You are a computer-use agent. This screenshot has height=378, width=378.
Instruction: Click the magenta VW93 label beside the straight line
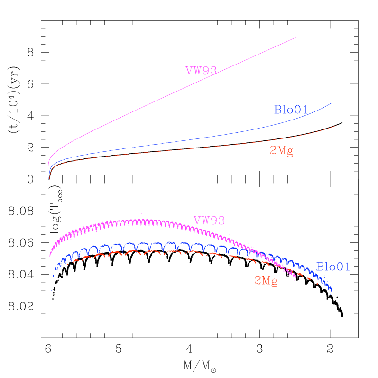click(x=201, y=71)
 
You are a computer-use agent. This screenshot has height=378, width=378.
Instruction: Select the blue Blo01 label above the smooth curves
click(x=291, y=110)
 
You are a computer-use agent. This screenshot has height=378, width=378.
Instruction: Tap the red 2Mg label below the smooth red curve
click(x=281, y=151)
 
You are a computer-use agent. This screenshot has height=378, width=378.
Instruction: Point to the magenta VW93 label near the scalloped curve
click(x=209, y=221)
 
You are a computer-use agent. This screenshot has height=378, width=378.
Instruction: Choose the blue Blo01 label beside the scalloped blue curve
click(x=333, y=267)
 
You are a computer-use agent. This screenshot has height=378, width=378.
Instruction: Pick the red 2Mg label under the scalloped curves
click(x=266, y=281)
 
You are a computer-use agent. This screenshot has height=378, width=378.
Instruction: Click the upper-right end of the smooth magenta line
click(x=295, y=37)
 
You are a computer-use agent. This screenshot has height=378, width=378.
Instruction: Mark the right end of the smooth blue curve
click(x=332, y=103)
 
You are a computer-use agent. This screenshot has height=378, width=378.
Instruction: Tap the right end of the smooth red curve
click(x=336, y=126)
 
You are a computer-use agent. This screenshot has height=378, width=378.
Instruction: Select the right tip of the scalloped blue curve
click(x=331, y=291)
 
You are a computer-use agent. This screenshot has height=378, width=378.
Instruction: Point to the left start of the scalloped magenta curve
click(x=50, y=256)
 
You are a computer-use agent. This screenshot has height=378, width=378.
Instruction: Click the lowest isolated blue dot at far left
click(x=51, y=290)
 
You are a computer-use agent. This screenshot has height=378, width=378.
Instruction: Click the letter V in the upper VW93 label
click(x=189, y=71)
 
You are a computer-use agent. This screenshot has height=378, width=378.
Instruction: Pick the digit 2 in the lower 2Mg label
click(x=258, y=281)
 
